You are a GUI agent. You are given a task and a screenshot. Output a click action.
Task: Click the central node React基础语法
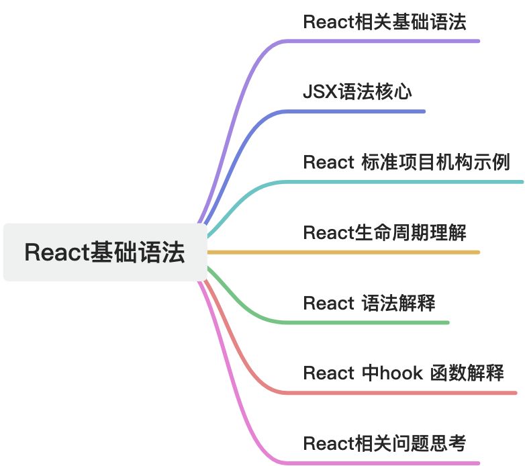click(x=105, y=252)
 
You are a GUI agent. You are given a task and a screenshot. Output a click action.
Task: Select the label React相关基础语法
click(x=384, y=21)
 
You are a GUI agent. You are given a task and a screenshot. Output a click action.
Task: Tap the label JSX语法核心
click(x=356, y=92)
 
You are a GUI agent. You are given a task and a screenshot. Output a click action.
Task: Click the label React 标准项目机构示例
click(x=406, y=162)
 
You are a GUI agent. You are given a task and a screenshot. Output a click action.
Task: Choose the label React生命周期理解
click(x=384, y=233)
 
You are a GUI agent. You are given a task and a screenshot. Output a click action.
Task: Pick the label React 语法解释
click(x=369, y=303)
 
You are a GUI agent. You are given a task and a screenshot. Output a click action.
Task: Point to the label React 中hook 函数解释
click(x=403, y=373)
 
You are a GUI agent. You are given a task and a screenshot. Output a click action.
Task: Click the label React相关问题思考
click(x=384, y=443)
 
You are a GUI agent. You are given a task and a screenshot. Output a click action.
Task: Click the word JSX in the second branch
click(x=318, y=92)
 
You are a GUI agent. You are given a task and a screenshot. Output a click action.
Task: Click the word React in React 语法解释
click(x=328, y=303)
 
